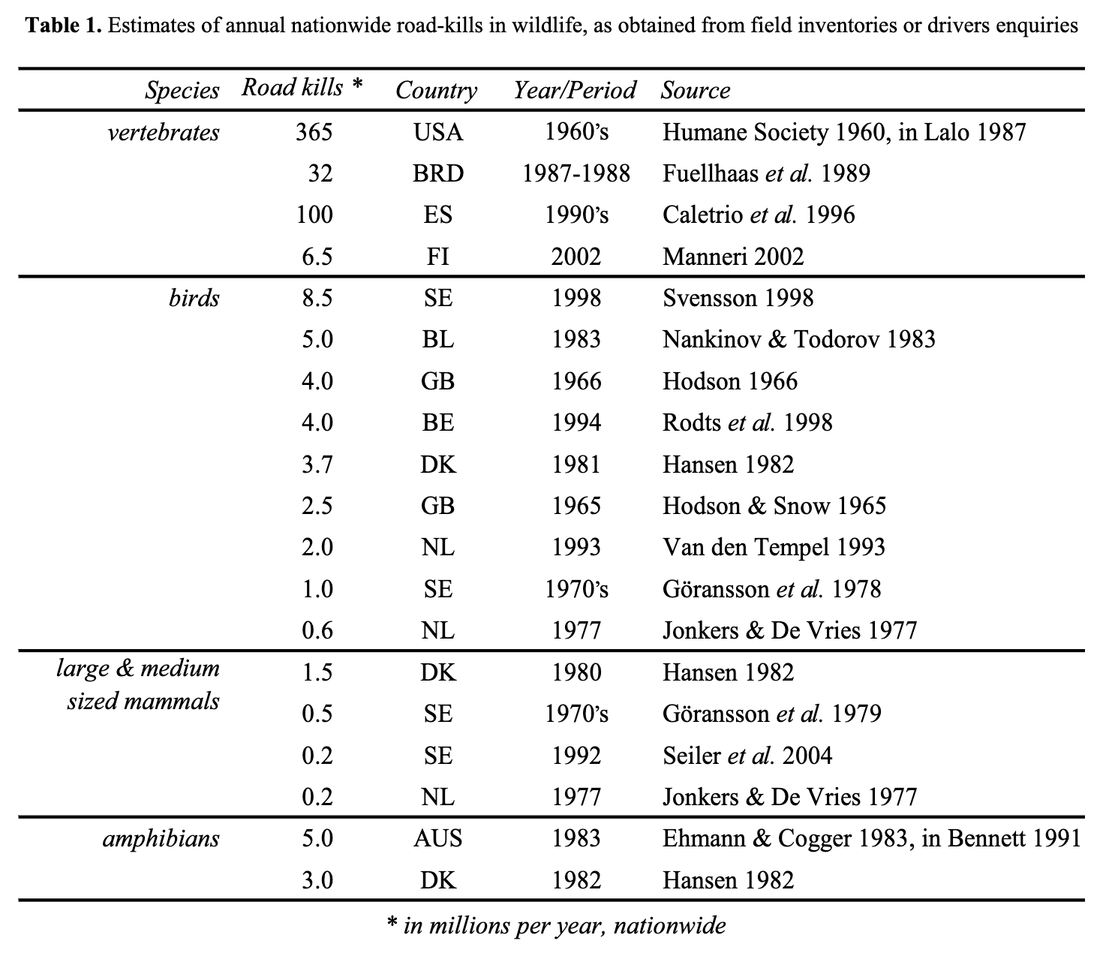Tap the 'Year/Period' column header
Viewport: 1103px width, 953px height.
[x=575, y=90]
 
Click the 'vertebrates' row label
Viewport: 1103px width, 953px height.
[x=163, y=133]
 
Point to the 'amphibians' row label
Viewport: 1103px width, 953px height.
[x=161, y=838]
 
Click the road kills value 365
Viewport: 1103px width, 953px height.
[x=314, y=133]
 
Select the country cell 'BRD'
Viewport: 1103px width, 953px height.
[x=438, y=174]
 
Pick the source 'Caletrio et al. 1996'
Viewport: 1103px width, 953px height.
[x=759, y=215]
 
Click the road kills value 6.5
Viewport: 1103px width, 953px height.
[x=317, y=257]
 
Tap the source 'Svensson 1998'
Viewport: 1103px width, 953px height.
[x=738, y=299]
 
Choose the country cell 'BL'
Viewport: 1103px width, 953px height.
[x=438, y=340]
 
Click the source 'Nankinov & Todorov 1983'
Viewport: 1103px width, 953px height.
[x=798, y=340]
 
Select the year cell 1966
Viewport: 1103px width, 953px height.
[x=576, y=381]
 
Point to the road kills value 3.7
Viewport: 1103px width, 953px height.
[x=317, y=464]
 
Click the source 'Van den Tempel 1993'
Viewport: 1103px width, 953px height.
[x=774, y=547]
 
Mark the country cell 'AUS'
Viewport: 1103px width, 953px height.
[x=438, y=838]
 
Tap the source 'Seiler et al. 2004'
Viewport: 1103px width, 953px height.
[x=747, y=755]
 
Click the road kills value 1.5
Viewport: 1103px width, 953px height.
[x=317, y=672]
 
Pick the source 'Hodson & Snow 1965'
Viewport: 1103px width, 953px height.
[x=774, y=506]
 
